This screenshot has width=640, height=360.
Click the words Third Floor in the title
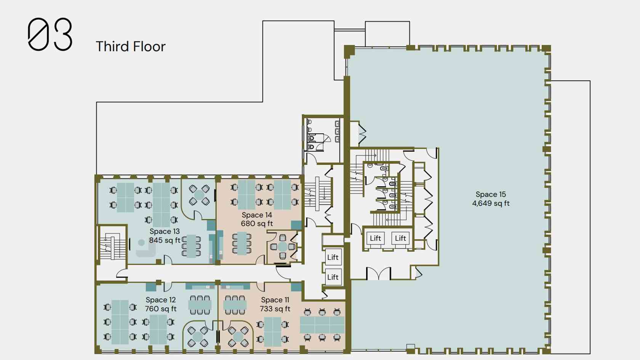tap(131, 46)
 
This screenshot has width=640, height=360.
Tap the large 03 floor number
tap(50, 34)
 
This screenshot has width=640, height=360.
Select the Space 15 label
tap(491, 194)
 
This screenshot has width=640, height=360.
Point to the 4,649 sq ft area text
tap(491, 203)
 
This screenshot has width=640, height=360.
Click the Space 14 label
tap(257, 215)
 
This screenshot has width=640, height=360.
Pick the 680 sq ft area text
tap(257, 223)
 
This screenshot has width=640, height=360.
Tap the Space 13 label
tap(165, 232)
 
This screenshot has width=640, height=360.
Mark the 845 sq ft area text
tap(165, 240)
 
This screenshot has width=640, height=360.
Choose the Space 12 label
tap(161, 300)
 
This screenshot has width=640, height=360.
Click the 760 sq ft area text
tap(161, 309)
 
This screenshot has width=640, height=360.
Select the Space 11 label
tap(275, 300)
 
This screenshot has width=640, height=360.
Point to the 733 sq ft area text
tap(275, 309)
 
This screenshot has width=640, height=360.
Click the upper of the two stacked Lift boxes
tap(333, 258)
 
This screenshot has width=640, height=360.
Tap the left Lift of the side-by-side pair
tap(375, 238)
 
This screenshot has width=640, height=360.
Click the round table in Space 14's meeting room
tap(283, 246)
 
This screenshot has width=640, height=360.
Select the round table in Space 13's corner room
tap(199, 195)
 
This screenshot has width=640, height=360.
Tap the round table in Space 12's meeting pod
tap(197, 337)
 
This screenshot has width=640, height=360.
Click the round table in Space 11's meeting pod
tap(238, 337)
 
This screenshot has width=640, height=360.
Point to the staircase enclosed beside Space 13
tap(112, 246)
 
